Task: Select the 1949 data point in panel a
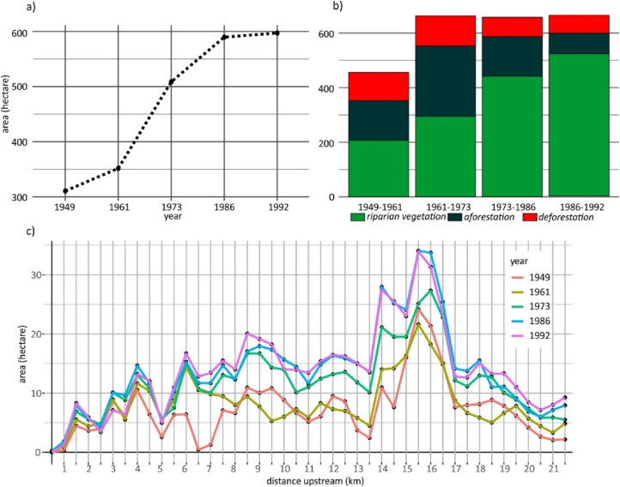pos(65,190)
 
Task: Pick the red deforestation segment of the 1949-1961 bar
pos(378,86)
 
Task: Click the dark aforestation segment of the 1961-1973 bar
pos(445,81)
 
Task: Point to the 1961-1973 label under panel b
pos(446,206)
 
